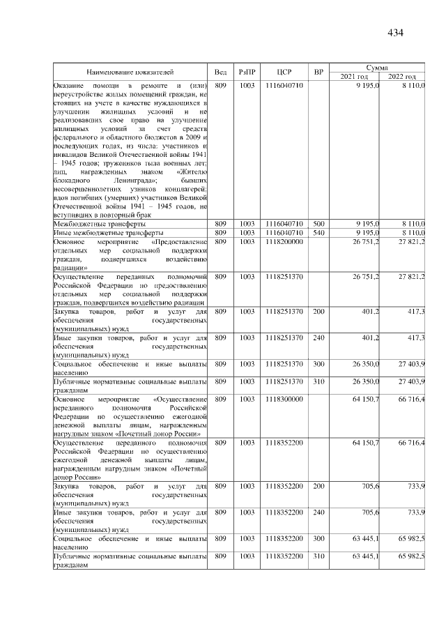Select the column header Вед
[x=220, y=72]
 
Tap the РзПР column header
[x=247, y=72]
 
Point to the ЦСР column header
[x=284, y=72]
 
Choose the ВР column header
[x=318, y=72]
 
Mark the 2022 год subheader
[x=402, y=76]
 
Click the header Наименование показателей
[x=130, y=72]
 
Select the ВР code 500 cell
[x=318, y=223]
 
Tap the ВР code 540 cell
[x=318, y=232]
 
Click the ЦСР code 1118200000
[x=284, y=241]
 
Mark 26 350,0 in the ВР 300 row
[x=366, y=364]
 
